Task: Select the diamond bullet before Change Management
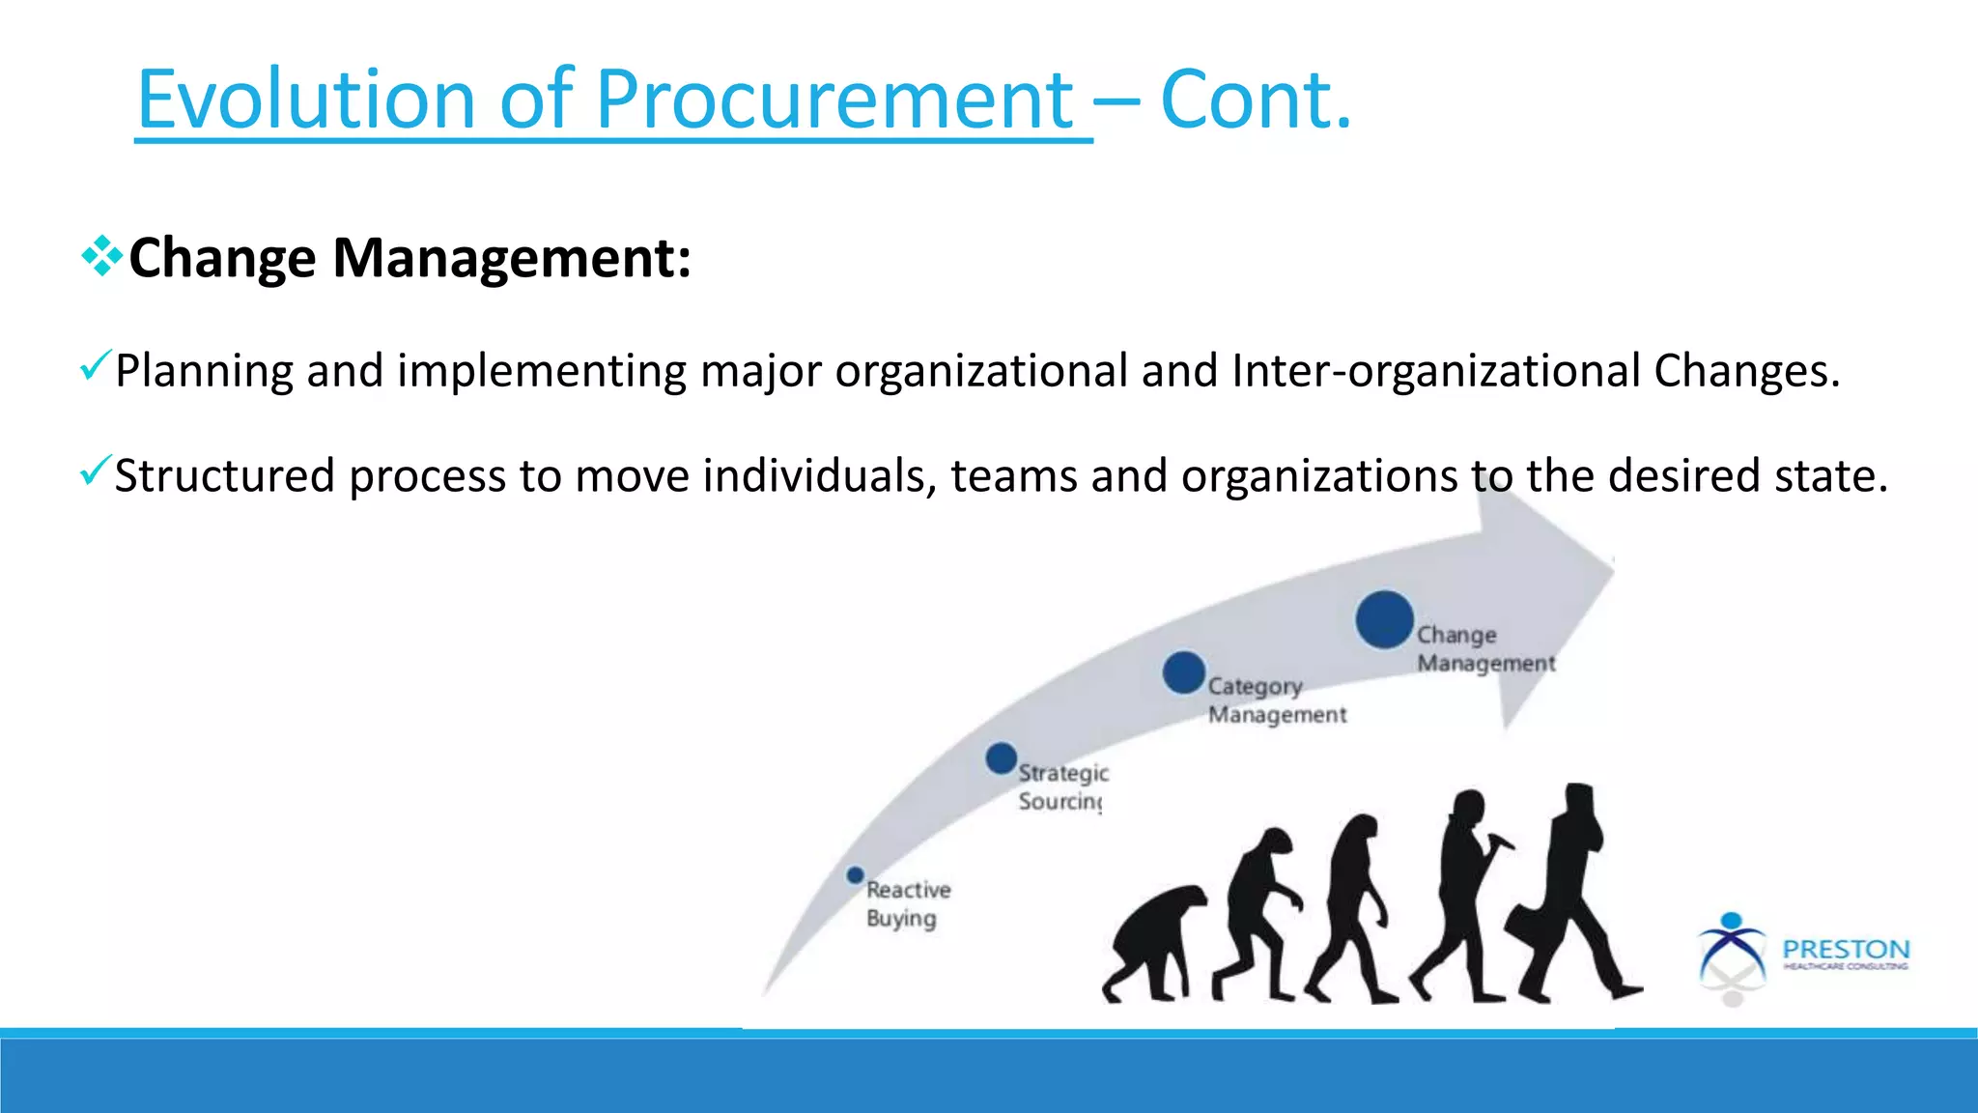(101, 257)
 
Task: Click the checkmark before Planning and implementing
(96, 366)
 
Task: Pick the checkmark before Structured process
(96, 471)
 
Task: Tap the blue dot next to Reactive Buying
(855, 875)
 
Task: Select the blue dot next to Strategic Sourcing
(1002, 758)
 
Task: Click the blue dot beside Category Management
(1183, 672)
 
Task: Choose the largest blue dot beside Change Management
(1384, 619)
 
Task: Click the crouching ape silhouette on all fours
(1154, 942)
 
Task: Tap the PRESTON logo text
(1845, 949)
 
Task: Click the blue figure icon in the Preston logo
(1731, 947)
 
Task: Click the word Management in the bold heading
(511, 258)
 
